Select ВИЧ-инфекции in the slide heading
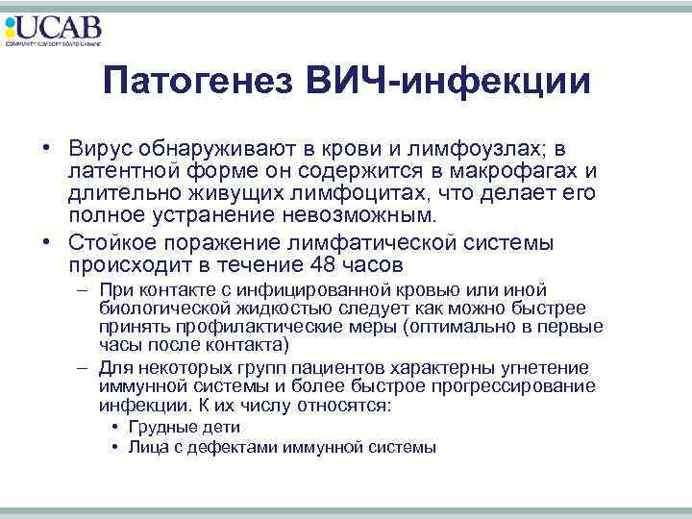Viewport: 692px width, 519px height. [x=451, y=81]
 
